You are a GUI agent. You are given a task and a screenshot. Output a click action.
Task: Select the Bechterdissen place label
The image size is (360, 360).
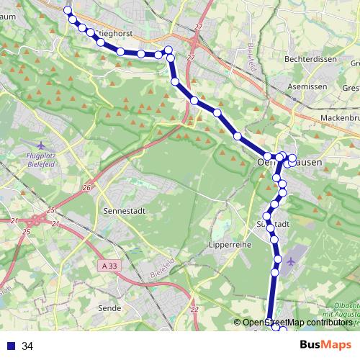point(311,60)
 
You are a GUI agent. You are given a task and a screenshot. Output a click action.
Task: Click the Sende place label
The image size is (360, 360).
point(109,307)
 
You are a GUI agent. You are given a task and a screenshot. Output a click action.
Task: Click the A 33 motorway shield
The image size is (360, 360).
point(109,266)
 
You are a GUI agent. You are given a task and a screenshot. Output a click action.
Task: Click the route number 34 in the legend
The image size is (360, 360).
point(27,346)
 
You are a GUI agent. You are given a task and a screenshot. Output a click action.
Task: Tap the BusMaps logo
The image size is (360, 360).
point(325,345)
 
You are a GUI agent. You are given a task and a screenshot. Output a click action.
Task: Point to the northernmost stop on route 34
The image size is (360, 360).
point(68,10)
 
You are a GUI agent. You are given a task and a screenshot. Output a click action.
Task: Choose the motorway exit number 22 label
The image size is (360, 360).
point(194,310)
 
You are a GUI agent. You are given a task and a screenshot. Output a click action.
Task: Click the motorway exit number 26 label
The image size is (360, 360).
point(86,188)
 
